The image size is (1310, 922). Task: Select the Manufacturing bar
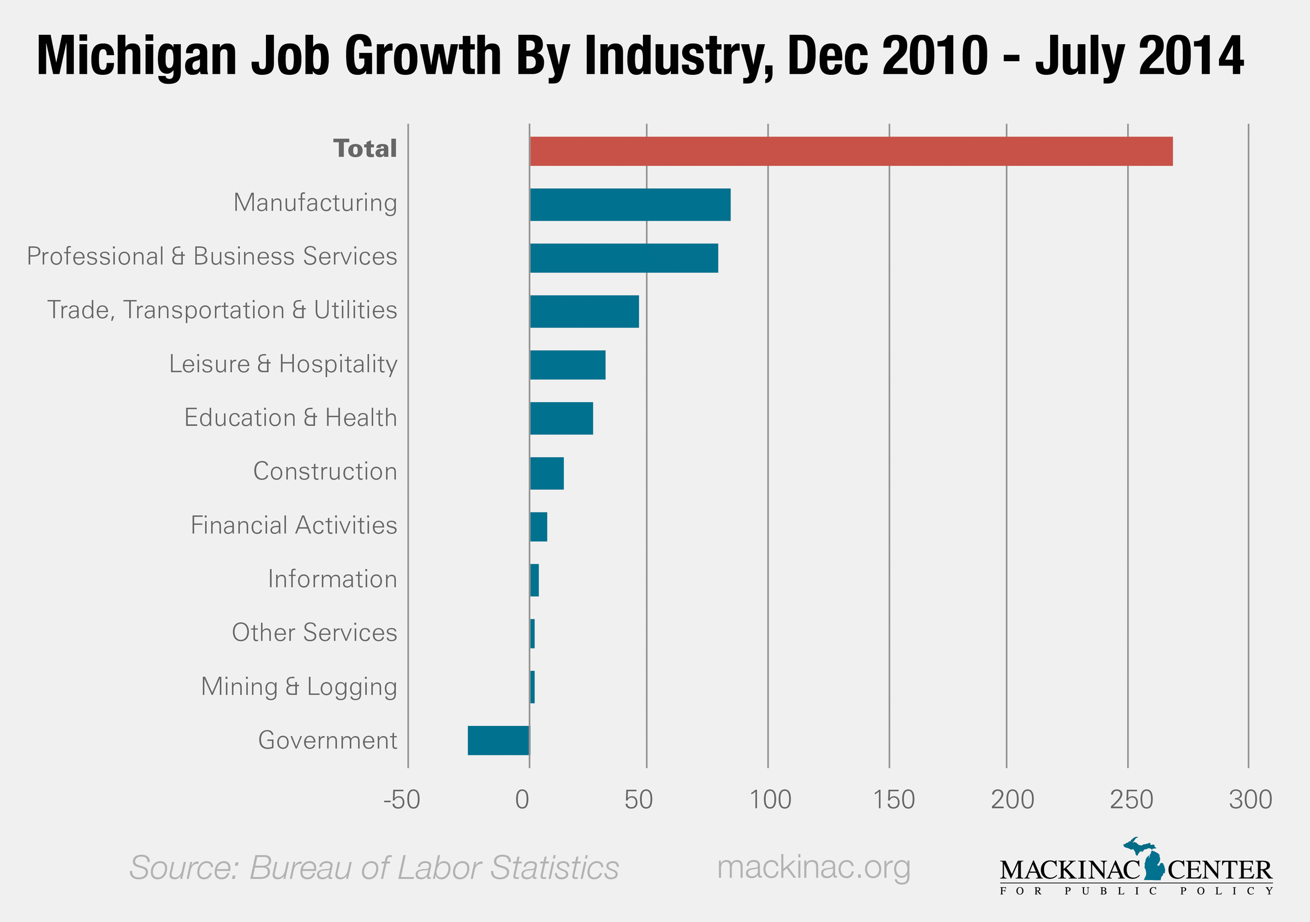(x=630, y=204)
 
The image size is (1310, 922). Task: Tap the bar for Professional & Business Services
(x=624, y=258)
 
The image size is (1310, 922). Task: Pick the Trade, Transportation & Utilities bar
(x=584, y=312)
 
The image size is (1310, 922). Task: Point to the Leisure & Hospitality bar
(x=568, y=365)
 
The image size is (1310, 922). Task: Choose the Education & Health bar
(x=562, y=418)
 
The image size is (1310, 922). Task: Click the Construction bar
(x=546, y=473)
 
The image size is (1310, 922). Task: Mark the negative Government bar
(x=499, y=740)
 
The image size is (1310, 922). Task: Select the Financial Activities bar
(x=539, y=527)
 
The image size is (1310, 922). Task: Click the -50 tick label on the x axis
(x=402, y=800)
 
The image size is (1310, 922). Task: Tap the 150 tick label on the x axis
(x=894, y=800)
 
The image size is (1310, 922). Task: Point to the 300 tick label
(x=1250, y=800)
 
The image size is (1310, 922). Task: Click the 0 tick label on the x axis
(x=522, y=800)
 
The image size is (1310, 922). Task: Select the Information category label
(x=332, y=579)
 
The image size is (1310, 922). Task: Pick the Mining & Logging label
(x=299, y=686)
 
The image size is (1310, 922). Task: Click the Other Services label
(x=314, y=633)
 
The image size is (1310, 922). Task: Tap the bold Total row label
(x=365, y=148)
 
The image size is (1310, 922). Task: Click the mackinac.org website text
(x=813, y=867)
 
